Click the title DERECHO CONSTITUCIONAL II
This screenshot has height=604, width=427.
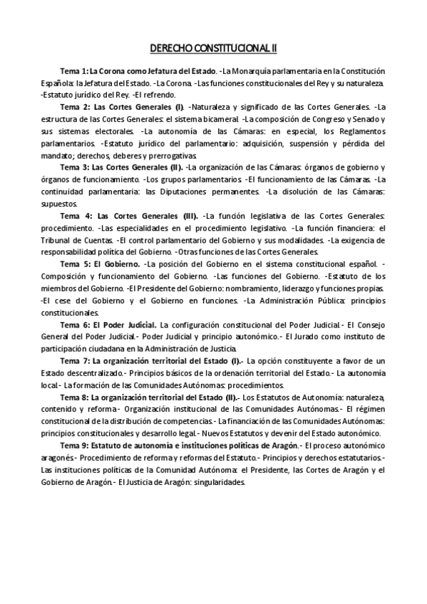click(213, 48)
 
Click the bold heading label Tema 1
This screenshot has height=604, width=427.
click(73, 71)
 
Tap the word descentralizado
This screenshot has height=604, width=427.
click(85, 373)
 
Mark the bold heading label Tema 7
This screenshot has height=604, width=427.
click(73, 361)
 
